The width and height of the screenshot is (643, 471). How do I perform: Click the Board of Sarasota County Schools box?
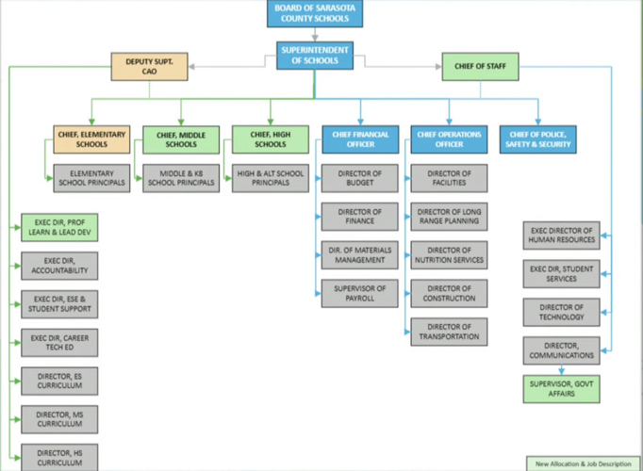tap(315, 13)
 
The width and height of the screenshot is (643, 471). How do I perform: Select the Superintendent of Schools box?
tap(315, 56)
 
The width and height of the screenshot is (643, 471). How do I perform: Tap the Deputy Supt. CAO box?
tap(149, 66)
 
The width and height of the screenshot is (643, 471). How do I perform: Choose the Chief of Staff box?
tap(480, 66)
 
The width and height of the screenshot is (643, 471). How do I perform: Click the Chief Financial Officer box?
tap(360, 139)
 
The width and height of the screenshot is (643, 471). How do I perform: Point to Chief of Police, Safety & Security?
tap(538, 139)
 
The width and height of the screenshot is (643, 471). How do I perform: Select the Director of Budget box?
tap(359, 178)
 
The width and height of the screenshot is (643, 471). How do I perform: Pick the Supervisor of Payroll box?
tap(359, 293)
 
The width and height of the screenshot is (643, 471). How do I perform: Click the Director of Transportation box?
tap(449, 332)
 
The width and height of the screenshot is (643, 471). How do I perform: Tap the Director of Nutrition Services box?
tap(449, 255)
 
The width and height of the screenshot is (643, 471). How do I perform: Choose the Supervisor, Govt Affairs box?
tap(561, 389)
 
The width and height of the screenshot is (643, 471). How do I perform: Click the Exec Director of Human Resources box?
tap(561, 235)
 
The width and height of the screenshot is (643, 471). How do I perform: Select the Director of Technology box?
tap(561, 312)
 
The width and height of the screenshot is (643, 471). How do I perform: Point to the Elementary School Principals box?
tap(91, 178)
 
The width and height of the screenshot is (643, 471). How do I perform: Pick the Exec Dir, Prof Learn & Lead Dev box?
tap(59, 227)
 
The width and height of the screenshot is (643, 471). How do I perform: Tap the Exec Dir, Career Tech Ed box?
tap(59, 342)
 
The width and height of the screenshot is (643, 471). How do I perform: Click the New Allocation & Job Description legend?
tap(583, 463)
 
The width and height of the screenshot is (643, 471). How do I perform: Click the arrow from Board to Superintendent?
tap(315, 35)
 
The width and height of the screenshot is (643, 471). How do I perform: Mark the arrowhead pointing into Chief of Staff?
tap(438, 66)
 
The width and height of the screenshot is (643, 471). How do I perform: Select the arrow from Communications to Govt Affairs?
tap(561, 370)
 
